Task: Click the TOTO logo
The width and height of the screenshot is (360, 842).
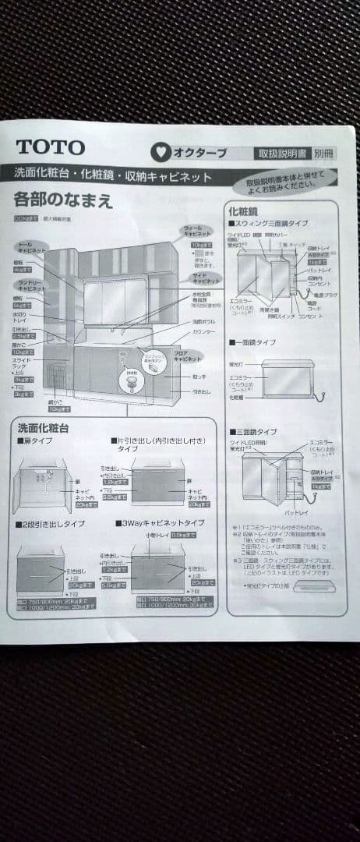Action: [x=50, y=147]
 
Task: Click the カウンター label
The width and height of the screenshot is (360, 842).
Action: [x=203, y=332]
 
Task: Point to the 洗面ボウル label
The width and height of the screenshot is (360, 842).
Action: [x=204, y=321]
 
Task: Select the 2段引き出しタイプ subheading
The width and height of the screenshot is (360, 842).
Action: [x=50, y=523]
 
